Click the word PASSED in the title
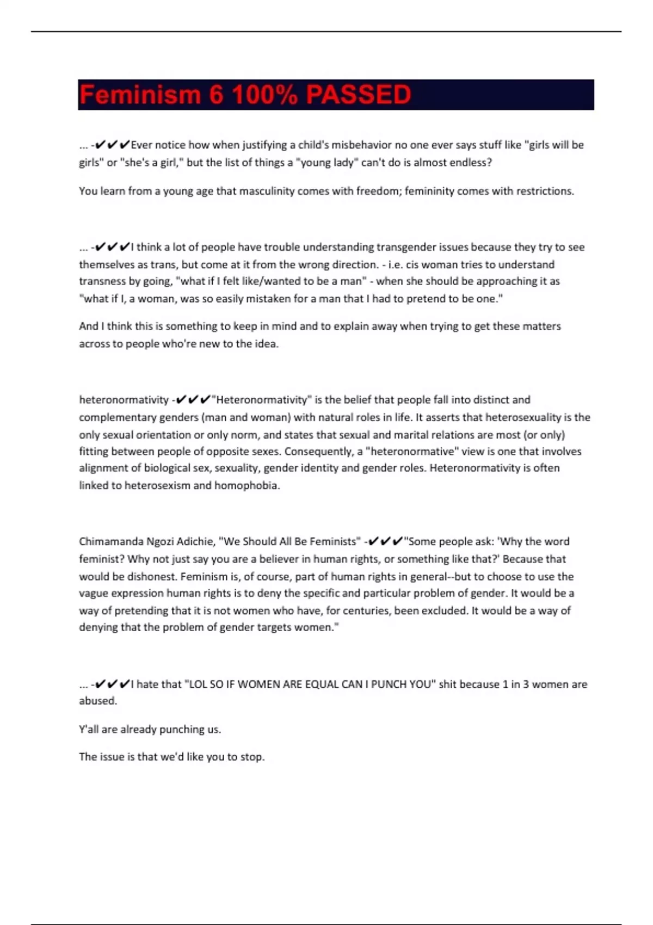pos(358,95)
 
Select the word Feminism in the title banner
pos(140,95)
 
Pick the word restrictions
pos(544,191)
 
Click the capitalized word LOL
pos(198,684)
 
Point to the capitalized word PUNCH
pos(392,684)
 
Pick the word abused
pos(97,701)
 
